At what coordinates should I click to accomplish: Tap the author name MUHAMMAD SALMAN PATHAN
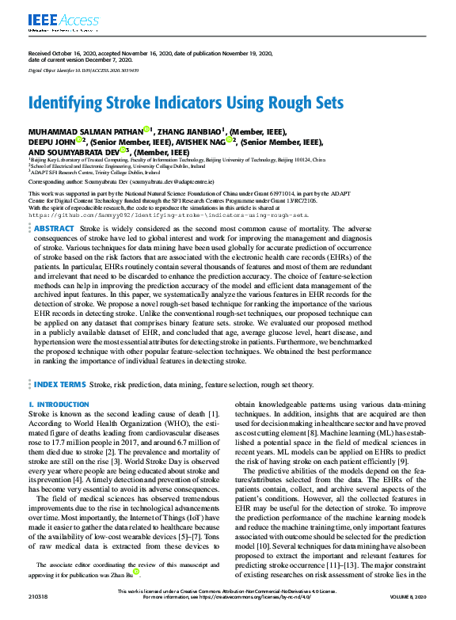85,131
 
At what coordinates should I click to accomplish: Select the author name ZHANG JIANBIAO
188,131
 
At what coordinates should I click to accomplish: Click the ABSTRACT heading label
55,227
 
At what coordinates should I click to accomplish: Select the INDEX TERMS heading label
60,384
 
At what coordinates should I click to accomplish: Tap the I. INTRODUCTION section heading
59,405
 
